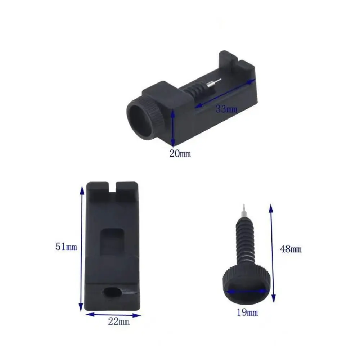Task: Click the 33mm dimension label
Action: [226, 108]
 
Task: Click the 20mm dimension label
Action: [180, 154]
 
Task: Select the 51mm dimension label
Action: [66, 247]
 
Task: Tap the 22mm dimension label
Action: [119, 321]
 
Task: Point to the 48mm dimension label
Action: [291, 249]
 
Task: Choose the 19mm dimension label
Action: [247, 312]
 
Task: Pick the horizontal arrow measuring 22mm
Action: [113, 315]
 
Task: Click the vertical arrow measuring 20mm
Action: [173, 127]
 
